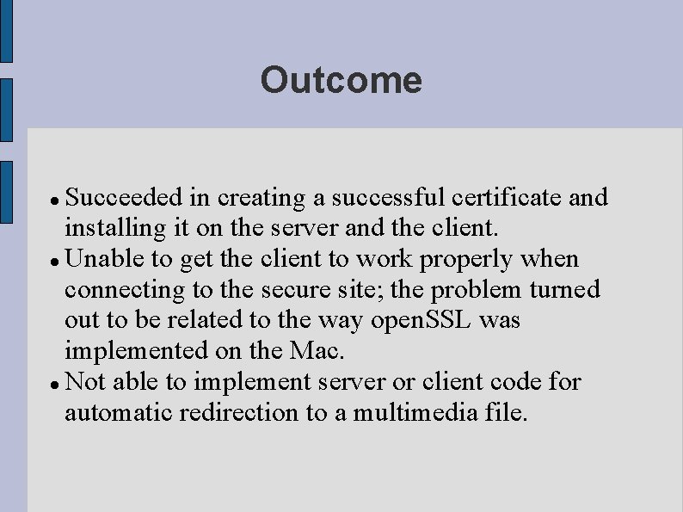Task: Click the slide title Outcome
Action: (341, 80)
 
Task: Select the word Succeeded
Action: (125, 198)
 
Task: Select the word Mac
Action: (320, 351)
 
